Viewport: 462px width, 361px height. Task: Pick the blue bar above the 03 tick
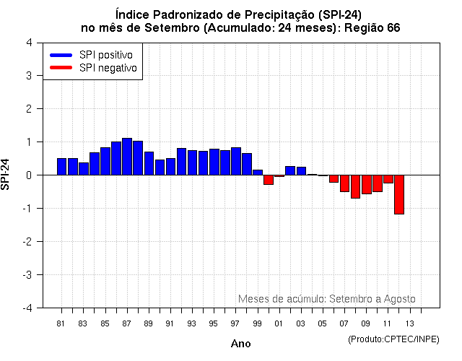tap(301, 171)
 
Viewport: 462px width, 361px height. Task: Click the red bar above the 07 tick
tap(344, 183)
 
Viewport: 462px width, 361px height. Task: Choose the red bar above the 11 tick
tap(388, 179)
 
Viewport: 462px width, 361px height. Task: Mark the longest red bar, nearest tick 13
tap(398, 194)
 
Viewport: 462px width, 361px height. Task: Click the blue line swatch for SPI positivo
tap(61, 55)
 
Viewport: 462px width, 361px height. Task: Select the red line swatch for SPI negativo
tap(61, 68)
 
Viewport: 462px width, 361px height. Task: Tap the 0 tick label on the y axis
tap(28, 175)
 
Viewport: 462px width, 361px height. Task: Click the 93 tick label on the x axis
tap(191, 323)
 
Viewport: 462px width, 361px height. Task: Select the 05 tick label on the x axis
tap(322, 323)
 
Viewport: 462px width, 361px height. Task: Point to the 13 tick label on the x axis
tap(409, 323)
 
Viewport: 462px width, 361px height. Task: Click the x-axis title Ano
tap(241, 344)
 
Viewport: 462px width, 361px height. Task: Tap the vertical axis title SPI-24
tap(6, 175)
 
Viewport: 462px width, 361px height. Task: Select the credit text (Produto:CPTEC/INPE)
tap(393, 339)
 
